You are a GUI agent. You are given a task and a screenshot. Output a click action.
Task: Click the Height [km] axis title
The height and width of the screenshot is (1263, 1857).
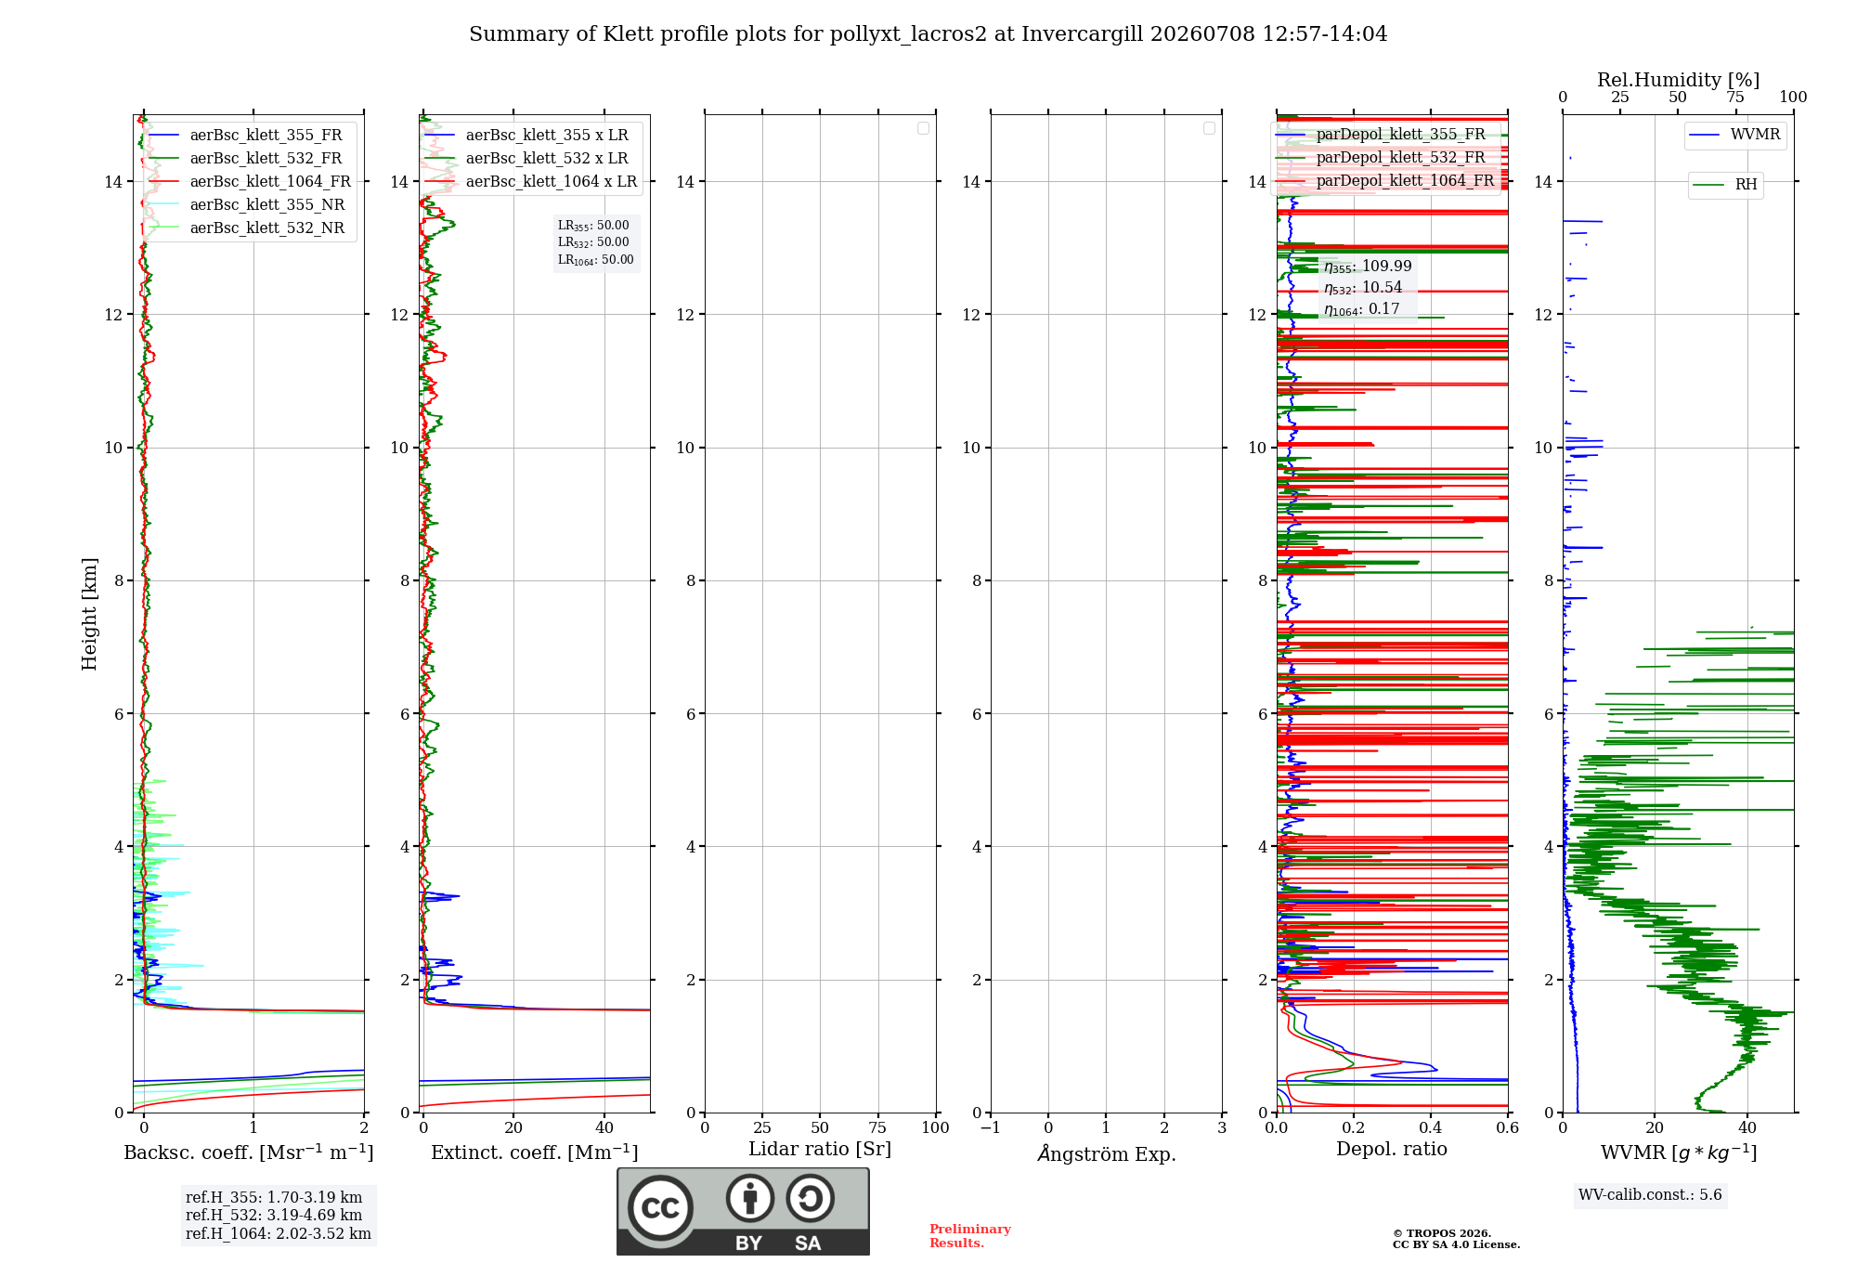pos(89,614)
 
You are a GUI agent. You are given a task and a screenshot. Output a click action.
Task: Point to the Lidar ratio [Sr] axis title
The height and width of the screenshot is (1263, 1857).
pos(820,1150)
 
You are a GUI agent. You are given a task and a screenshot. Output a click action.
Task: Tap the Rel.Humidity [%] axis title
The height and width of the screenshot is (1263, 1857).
pos(1679,80)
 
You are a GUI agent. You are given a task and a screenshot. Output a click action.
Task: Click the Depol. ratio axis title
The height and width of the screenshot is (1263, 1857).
pos(1392,1149)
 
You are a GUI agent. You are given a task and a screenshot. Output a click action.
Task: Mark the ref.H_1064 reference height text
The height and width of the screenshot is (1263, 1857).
pos(279,1233)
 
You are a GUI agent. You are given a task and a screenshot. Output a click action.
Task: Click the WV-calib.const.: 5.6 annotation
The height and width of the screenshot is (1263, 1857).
pos(1650,1195)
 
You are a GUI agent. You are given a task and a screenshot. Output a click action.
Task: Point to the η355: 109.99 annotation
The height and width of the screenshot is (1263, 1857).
pos(1368,267)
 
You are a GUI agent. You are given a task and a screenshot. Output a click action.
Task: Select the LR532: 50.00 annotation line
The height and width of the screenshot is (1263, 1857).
pos(593,242)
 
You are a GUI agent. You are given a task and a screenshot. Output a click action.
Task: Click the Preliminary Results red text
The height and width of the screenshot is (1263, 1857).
pos(970,1236)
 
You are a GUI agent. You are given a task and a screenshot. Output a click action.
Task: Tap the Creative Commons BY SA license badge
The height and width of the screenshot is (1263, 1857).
pos(743,1212)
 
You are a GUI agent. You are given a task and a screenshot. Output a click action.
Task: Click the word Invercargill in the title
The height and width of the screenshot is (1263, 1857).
pos(1083,34)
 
